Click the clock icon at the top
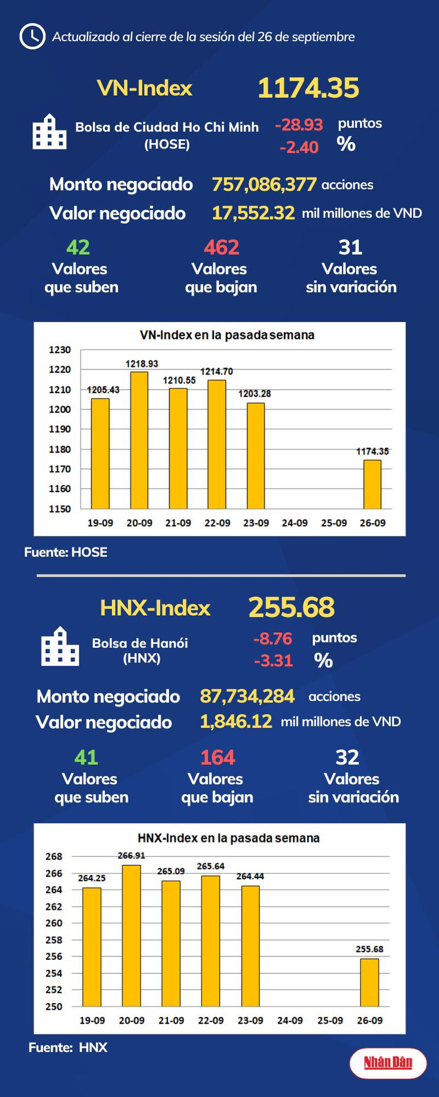[x=32, y=37]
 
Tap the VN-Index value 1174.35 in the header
[x=308, y=88]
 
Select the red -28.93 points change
[x=299, y=125]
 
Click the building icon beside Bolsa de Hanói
[x=60, y=647]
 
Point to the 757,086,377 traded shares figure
[x=264, y=184]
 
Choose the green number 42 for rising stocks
[x=78, y=247]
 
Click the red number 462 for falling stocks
[x=221, y=247]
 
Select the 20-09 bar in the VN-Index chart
[x=139, y=440]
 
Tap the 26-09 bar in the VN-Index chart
[x=372, y=484]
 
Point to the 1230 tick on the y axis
[x=60, y=350]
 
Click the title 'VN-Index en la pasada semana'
[x=227, y=335]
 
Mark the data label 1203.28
[x=255, y=394]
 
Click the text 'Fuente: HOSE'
[x=66, y=552]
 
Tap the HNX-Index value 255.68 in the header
[x=291, y=608]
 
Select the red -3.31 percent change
[x=273, y=661]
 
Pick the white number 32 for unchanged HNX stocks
[x=347, y=757]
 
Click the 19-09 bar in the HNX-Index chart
[x=92, y=946]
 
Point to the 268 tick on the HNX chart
[x=54, y=856]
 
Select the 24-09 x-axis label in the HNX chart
[x=290, y=1020]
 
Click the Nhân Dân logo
[x=388, y=1063]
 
